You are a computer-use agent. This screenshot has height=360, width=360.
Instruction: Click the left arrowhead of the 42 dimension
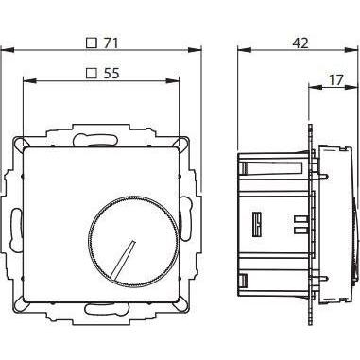click(238, 53)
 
